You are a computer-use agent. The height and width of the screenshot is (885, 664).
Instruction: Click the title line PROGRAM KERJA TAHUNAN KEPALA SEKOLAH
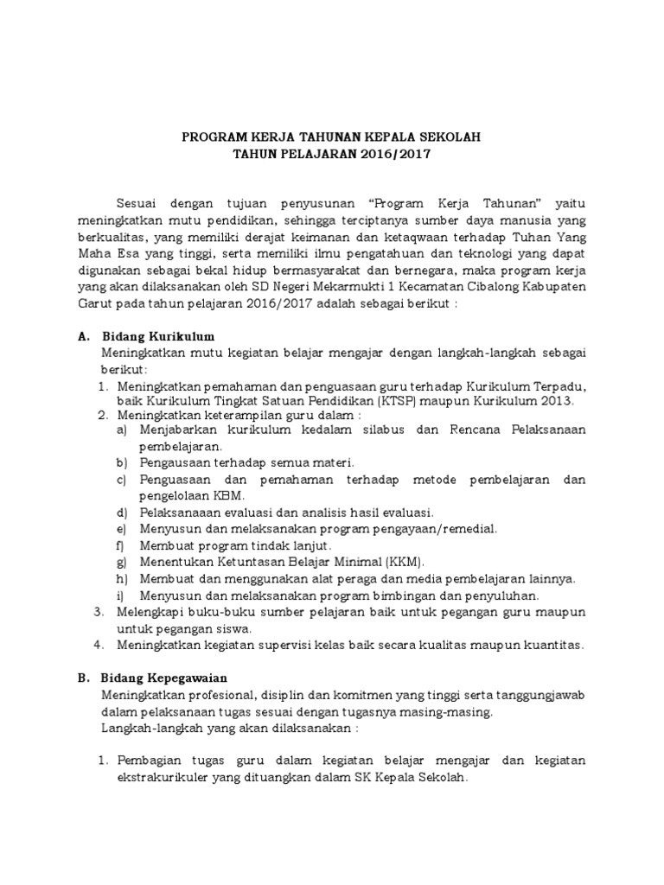(x=331, y=137)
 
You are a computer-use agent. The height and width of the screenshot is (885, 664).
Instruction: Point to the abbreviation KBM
(x=229, y=495)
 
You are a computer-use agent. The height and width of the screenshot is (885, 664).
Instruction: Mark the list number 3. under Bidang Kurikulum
(x=99, y=612)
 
